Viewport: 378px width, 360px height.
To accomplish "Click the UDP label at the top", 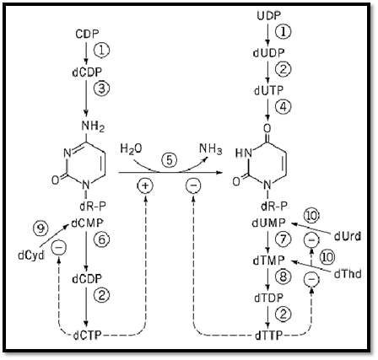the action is (x=268, y=16).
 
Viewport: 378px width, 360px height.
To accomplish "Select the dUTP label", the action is (x=268, y=90).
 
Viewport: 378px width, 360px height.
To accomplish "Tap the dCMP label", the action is (x=87, y=223).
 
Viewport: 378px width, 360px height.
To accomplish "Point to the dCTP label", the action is (x=87, y=336).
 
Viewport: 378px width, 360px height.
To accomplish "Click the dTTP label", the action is (x=268, y=336).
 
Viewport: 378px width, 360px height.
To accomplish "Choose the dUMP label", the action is (x=268, y=223).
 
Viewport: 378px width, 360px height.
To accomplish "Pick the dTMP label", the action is (x=268, y=261).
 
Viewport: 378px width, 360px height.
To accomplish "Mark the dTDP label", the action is (x=268, y=298).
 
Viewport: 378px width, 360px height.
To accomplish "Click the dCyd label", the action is (x=31, y=255).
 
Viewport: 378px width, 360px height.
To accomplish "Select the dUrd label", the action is (x=348, y=237).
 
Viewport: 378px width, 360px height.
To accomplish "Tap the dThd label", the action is (x=348, y=274).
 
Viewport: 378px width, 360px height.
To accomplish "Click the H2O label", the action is (x=131, y=148).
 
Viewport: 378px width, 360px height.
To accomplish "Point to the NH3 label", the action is (x=211, y=148).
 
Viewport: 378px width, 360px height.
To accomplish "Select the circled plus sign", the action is (x=145, y=185).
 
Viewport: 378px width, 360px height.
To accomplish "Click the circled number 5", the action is (x=169, y=160).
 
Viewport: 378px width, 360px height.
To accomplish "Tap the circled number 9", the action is (x=40, y=229).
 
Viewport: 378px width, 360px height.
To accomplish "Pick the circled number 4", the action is (x=283, y=106).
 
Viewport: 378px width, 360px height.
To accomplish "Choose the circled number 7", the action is (x=283, y=239).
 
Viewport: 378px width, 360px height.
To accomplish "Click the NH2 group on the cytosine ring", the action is (x=93, y=126).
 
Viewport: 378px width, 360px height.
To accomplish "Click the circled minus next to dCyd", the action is (x=59, y=247).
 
